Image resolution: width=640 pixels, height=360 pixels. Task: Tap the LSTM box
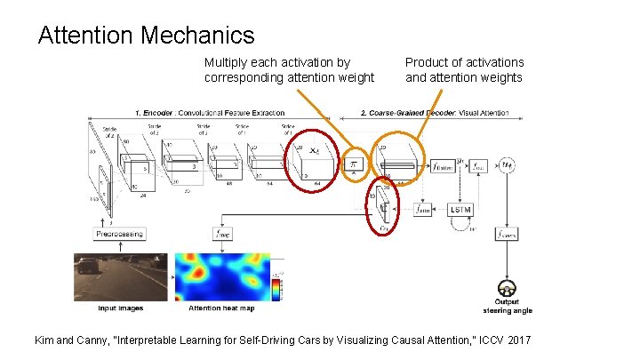[x=460, y=209]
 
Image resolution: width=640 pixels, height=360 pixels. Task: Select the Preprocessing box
[x=118, y=233]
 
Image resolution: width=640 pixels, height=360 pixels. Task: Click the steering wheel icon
[x=508, y=289]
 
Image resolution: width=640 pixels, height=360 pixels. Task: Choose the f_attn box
[x=424, y=209]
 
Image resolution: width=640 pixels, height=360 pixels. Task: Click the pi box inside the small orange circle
[x=353, y=165]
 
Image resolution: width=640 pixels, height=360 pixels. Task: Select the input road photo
[x=120, y=277]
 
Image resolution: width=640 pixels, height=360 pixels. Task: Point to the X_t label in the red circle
[x=314, y=153]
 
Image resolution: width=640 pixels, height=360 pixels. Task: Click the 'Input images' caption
[x=120, y=308]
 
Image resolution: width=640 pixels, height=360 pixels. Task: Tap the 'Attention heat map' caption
[x=222, y=308]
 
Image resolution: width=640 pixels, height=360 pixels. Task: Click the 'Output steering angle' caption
[x=508, y=307]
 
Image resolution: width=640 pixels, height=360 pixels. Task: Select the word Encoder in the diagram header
[x=161, y=113]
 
